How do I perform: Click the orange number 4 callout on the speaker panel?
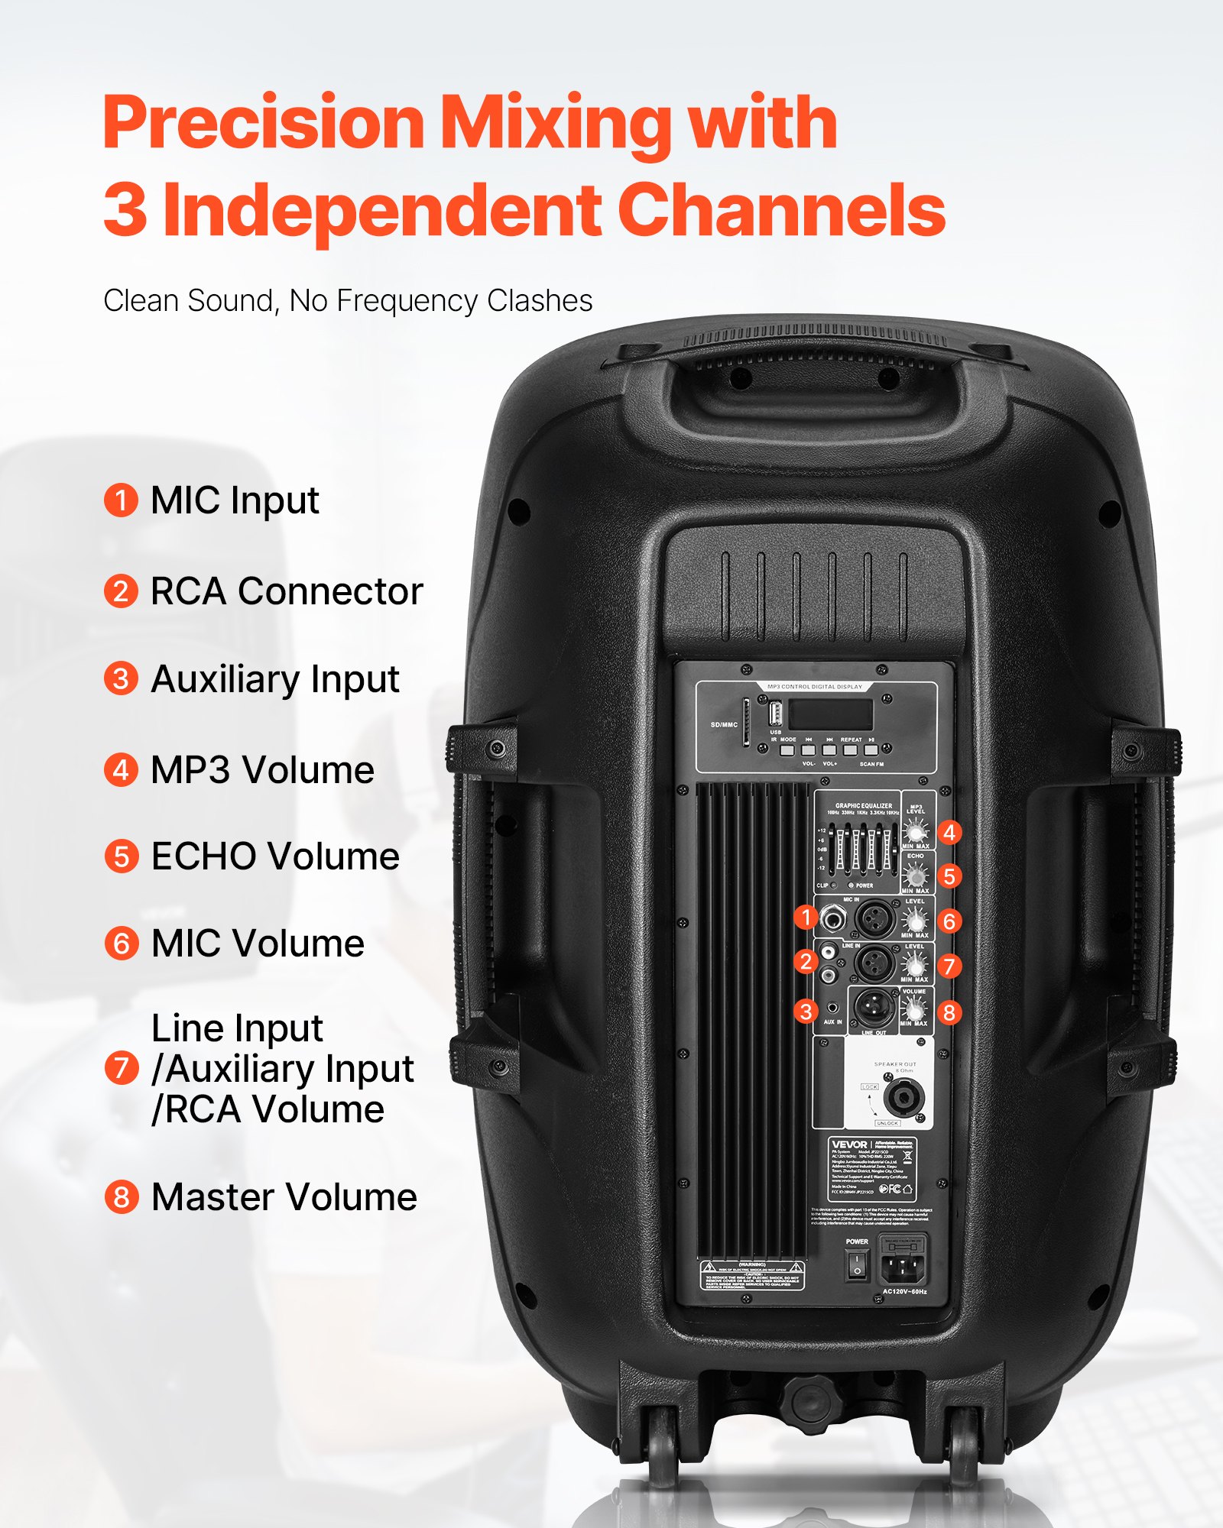pyautogui.click(x=949, y=832)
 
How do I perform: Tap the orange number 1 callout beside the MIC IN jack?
pyautogui.click(x=806, y=917)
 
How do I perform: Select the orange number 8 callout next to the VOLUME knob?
pyautogui.click(x=949, y=1012)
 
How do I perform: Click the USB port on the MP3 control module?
pyautogui.click(x=775, y=714)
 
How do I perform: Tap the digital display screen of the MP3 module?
pyautogui.click(x=831, y=714)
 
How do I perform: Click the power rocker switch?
pyautogui.click(x=857, y=1264)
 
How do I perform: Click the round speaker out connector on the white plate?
pyautogui.click(x=904, y=1099)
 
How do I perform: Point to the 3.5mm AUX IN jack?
pyautogui.click(x=832, y=1008)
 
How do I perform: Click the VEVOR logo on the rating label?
pyautogui.click(x=849, y=1144)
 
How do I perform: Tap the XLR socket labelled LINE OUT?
pyautogui.click(x=874, y=1008)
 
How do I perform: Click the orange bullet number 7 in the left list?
pyautogui.click(x=121, y=1068)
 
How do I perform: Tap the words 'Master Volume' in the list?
pyautogui.click(x=284, y=1197)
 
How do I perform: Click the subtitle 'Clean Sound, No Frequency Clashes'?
pyautogui.click(x=348, y=301)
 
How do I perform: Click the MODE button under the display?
pyautogui.click(x=787, y=750)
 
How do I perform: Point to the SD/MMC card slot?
pyautogui.click(x=746, y=722)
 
